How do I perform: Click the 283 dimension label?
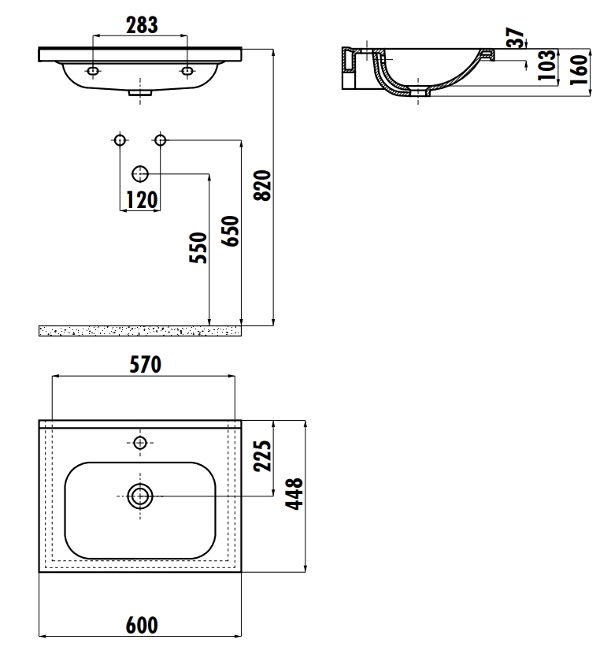coord(142,24)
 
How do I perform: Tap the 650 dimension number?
coord(230,231)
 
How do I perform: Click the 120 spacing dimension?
coord(141,200)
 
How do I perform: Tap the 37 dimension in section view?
coord(516,39)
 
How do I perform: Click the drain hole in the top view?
coord(140,496)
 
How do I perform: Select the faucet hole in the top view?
coord(140,442)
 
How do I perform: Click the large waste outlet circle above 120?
coord(140,173)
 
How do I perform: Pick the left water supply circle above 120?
coord(120,140)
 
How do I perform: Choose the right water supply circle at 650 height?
coord(161,140)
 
